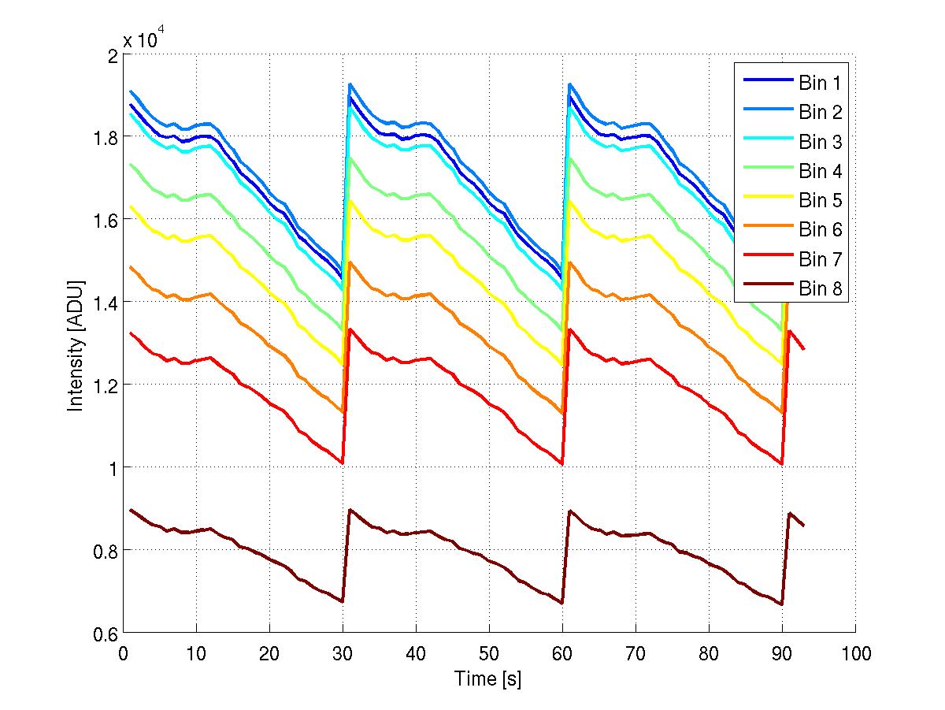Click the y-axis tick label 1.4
pyautogui.click(x=105, y=303)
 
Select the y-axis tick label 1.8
pyautogui.click(x=105, y=137)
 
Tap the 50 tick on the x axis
pyautogui.click(x=489, y=653)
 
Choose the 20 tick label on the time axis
pyautogui.click(x=269, y=653)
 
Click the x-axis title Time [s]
pyautogui.click(x=488, y=678)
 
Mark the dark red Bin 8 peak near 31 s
pyautogui.click(x=350, y=510)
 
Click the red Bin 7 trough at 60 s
pyautogui.click(x=562, y=463)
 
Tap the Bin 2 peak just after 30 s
pyautogui.click(x=350, y=84)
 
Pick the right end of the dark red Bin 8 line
pyautogui.click(x=803, y=526)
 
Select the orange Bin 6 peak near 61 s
pyautogui.click(x=569, y=262)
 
